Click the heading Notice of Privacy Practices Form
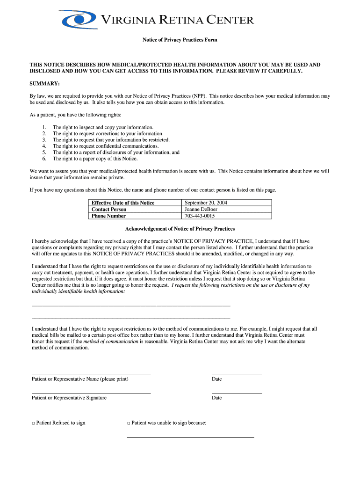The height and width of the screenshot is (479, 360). point(180,40)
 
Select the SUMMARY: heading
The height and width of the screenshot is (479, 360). point(44,83)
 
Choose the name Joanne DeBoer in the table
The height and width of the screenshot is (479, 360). point(201,209)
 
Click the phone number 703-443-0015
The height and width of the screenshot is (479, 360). point(200,216)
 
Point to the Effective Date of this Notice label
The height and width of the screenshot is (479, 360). point(122,203)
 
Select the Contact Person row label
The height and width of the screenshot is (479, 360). point(109,209)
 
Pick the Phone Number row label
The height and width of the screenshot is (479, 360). point(108,216)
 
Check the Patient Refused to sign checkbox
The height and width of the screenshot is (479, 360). point(34,423)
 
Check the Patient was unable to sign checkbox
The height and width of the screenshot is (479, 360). point(129,423)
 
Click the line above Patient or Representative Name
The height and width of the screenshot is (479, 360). point(91,375)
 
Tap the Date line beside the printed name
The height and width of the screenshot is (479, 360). point(237,375)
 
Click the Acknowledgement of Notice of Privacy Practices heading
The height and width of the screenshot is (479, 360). point(180,229)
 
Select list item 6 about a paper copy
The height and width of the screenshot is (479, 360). point(95,159)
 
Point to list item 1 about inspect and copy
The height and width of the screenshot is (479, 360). point(103,127)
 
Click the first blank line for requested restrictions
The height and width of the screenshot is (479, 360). point(131,305)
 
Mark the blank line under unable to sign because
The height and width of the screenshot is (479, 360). point(190,437)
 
